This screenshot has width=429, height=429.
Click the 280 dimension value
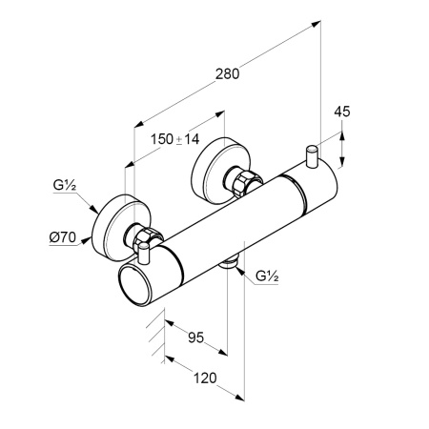[x=227, y=74]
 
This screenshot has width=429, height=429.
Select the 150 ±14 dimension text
[x=174, y=139]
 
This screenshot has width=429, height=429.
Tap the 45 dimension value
[x=342, y=112]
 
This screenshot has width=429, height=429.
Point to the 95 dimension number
[x=195, y=337]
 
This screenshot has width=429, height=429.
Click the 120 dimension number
[x=205, y=378]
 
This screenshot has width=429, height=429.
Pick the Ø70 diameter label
[x=63, y=237]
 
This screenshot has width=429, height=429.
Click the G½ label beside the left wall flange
[x=65, y=185]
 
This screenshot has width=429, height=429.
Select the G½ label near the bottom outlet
[x=267, y=276]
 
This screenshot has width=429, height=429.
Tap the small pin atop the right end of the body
[x=312, y=155]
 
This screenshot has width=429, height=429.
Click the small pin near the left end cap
[x=144, y=253]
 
